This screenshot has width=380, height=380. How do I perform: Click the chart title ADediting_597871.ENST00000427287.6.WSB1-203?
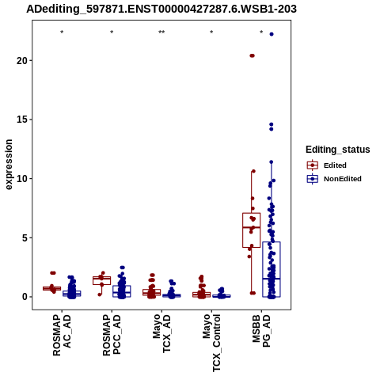(161, 9)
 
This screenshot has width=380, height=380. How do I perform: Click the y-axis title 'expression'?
(9, 165)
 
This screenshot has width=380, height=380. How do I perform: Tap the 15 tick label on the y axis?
(22, 120)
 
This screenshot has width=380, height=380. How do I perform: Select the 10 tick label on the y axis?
(22, 179)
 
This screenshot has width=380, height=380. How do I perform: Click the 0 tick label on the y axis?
(25, 297)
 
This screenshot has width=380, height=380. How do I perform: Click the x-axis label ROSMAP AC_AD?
(62, 335)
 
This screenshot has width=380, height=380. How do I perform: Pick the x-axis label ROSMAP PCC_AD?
(112, 335)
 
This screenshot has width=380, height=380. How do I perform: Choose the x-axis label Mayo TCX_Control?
(211, 343)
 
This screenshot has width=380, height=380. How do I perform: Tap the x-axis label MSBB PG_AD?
(261, 331)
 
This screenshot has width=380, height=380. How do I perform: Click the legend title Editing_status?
(338, 150)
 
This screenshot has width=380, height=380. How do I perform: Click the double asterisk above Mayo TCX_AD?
(161, 32)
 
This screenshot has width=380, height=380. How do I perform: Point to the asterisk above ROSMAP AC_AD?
(62, 32)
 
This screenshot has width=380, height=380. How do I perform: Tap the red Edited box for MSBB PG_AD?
(252, 230)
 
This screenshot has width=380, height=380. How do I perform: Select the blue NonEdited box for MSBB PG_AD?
(272, 269)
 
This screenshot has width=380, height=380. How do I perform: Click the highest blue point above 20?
(272, 34)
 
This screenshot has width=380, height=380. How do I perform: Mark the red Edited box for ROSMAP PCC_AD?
(101, 280)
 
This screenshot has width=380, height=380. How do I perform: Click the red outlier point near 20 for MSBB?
(252, 55)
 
